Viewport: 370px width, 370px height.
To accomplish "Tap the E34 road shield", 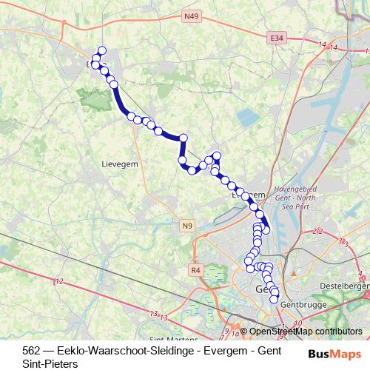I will point(277,37).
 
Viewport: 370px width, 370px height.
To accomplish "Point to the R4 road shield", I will point(196,271).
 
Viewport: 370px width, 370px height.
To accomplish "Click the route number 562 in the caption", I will point(32,351).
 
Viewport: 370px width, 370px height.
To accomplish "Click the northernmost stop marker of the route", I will point(102,51).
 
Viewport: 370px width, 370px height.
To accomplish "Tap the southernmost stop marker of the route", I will point(274,299).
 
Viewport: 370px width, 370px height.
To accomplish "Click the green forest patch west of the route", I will point(95,98).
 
